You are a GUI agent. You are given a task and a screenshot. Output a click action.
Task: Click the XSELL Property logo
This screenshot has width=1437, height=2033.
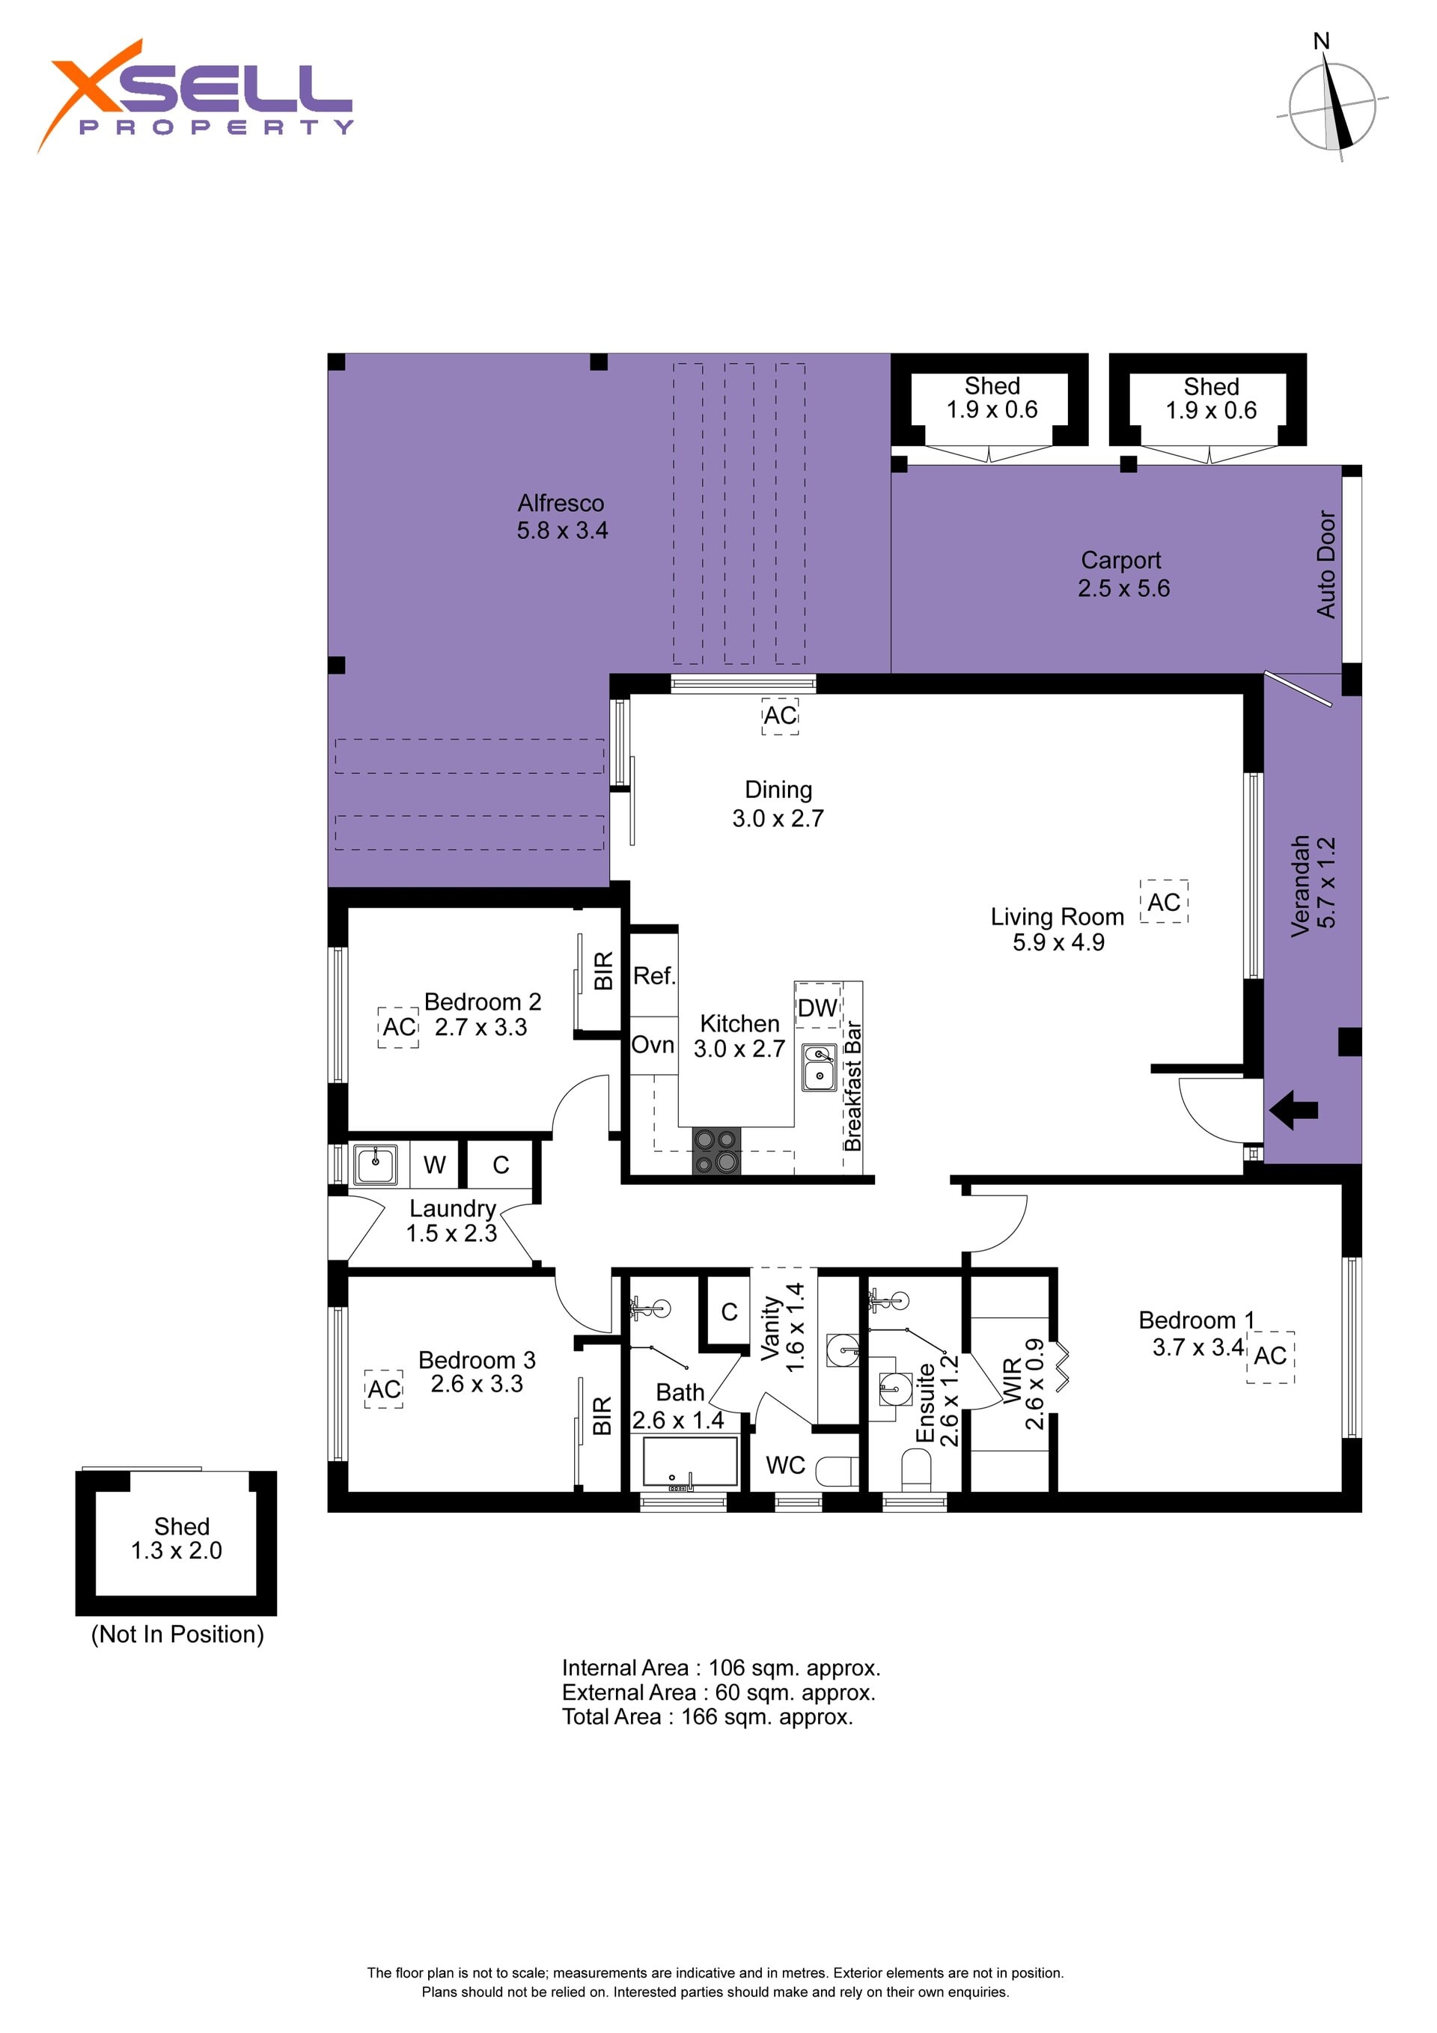195,96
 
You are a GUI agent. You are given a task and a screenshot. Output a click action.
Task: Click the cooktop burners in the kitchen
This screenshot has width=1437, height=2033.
716,1151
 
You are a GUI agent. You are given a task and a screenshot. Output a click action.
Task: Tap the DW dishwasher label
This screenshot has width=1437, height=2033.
817,1007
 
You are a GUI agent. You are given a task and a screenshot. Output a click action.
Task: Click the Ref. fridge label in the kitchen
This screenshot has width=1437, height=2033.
654,976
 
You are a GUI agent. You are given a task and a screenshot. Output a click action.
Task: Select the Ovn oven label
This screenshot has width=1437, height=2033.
653,1045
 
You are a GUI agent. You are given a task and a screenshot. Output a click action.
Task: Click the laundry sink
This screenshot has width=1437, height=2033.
376,1165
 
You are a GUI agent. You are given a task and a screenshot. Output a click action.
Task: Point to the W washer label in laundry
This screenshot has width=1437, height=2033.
434,1165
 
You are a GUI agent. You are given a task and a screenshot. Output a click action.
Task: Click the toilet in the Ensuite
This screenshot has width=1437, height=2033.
916,1469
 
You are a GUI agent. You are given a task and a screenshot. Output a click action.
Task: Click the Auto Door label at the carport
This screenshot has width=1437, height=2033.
1325,564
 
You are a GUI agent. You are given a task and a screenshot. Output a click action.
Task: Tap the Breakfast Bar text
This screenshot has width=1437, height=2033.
852,1085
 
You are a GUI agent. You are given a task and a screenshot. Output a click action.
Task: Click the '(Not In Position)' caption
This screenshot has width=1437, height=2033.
178,1635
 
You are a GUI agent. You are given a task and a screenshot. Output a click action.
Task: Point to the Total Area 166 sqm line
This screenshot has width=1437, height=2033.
707,1717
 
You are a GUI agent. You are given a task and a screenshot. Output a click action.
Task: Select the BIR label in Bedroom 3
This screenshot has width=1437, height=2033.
602,1416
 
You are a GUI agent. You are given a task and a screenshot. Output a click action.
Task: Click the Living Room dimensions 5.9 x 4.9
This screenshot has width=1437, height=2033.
1059,942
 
